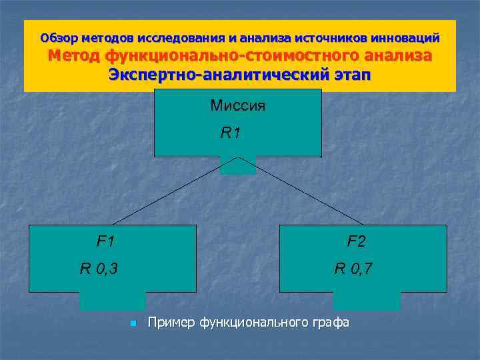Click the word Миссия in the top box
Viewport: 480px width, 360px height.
237,105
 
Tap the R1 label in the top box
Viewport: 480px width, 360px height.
230,133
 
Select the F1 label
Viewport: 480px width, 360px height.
105,240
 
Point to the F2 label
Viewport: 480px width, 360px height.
356,241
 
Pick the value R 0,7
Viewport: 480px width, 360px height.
353,269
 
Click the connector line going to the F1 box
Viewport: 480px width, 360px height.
173,191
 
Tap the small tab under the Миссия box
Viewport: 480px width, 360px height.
238,166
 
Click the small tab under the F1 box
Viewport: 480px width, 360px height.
112,301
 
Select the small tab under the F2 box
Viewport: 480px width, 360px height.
367,301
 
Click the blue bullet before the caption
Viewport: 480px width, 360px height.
133,324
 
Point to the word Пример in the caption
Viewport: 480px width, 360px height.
169,323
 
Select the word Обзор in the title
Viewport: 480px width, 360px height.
58,37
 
